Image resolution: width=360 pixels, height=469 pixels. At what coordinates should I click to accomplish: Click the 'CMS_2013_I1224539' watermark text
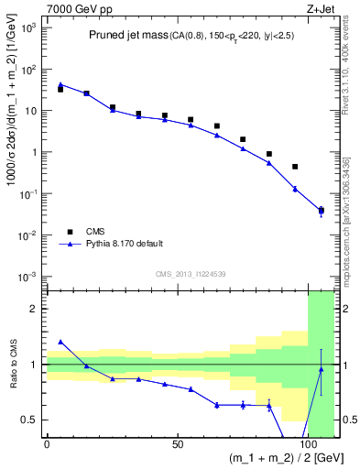click(x=191, y=273)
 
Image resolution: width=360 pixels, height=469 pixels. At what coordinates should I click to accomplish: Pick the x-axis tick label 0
click(x=47, y=443)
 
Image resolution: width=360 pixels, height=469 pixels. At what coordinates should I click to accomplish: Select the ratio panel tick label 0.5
click(x=29, y=420)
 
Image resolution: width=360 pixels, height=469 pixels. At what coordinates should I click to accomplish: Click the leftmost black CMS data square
click(x=60, y=89)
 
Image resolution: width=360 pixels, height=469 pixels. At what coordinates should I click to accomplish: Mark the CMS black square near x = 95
click(x=295, y=167)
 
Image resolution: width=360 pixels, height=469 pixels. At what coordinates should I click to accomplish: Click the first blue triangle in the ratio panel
click(x=60, y=342)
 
